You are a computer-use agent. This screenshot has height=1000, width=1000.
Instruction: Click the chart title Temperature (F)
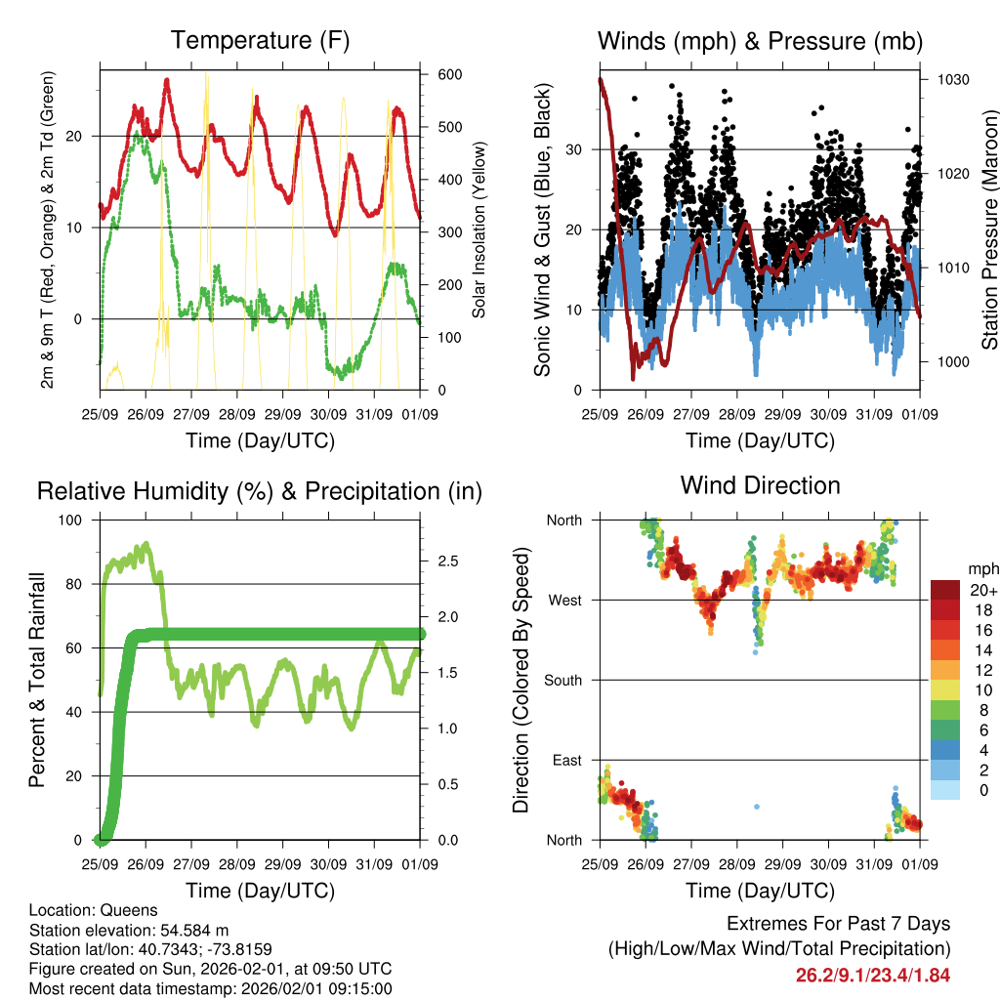(260, 41)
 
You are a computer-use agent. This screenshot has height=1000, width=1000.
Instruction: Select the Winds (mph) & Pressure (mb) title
(760, 41)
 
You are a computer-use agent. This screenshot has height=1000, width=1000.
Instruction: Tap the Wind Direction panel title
(760, 485)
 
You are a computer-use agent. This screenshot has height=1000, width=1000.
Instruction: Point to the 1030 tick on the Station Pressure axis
(952, 79)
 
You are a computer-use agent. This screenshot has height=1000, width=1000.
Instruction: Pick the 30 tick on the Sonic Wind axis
(575, 149)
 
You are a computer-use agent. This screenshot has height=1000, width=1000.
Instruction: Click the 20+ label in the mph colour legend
(983, 590)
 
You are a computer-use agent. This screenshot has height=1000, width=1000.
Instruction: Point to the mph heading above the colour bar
(981, 568)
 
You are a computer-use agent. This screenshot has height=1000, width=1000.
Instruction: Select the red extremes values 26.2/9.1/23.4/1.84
(873, 975)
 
